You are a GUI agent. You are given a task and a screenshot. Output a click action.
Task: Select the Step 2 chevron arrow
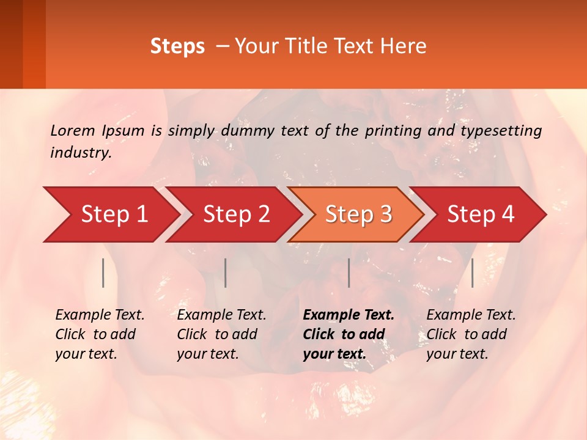click(236, 215)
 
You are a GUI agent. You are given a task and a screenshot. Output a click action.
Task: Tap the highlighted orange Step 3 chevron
click(358, 215)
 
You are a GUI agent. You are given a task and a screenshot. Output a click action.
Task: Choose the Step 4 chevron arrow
click(481, 215)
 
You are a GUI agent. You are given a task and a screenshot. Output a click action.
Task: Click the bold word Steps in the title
click(177, 46)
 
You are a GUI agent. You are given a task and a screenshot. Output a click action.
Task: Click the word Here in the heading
click(402, 46)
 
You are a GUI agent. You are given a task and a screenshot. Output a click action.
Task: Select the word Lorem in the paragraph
click(72, 130)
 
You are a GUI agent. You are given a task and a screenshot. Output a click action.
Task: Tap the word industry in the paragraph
click(80, 152)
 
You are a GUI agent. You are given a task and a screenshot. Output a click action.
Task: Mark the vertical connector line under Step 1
click(103, 273)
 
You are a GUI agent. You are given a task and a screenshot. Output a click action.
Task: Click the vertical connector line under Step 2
click(226, 273)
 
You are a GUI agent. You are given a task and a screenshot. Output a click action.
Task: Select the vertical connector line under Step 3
click(349, 273)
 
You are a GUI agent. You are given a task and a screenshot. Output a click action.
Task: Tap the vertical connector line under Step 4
click(472, 273)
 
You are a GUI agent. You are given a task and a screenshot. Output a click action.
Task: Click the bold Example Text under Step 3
click(349, 315)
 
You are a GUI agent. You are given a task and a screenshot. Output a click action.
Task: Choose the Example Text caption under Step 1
click(100, 315)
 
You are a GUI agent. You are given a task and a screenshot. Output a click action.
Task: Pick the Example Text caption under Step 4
click(471, 315)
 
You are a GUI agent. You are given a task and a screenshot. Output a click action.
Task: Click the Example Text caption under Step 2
click(221, 315)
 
